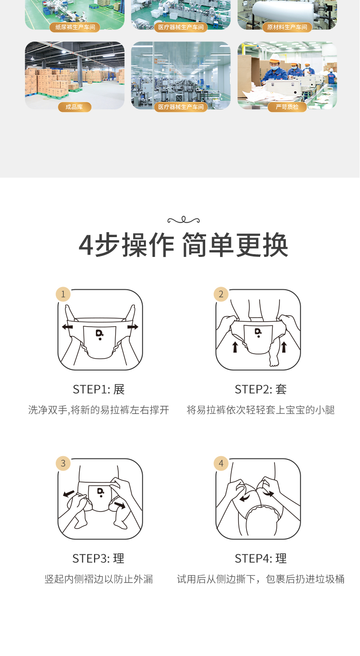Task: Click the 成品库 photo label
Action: point(74,107)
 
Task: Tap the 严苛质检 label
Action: point(287,107)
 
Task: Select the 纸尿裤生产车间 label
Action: point(75,27)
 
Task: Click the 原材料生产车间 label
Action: point(287,27)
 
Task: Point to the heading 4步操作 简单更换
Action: point(183,245)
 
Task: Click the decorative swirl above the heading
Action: point(184,220)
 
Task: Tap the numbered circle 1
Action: point(63,294)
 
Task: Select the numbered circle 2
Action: point(221,294)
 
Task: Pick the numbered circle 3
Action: point(63,463)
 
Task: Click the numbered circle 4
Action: point(221,463)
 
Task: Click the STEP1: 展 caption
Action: point(99,390)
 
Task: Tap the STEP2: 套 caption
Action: point(261,390)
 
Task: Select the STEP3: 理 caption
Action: point(99,558)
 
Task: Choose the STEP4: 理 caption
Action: point(261,558)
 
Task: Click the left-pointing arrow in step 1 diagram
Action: point(67,327)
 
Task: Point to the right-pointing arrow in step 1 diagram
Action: point(133,327)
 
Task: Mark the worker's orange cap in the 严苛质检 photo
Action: point(275,58)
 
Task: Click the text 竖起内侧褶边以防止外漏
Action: point(99,579)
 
